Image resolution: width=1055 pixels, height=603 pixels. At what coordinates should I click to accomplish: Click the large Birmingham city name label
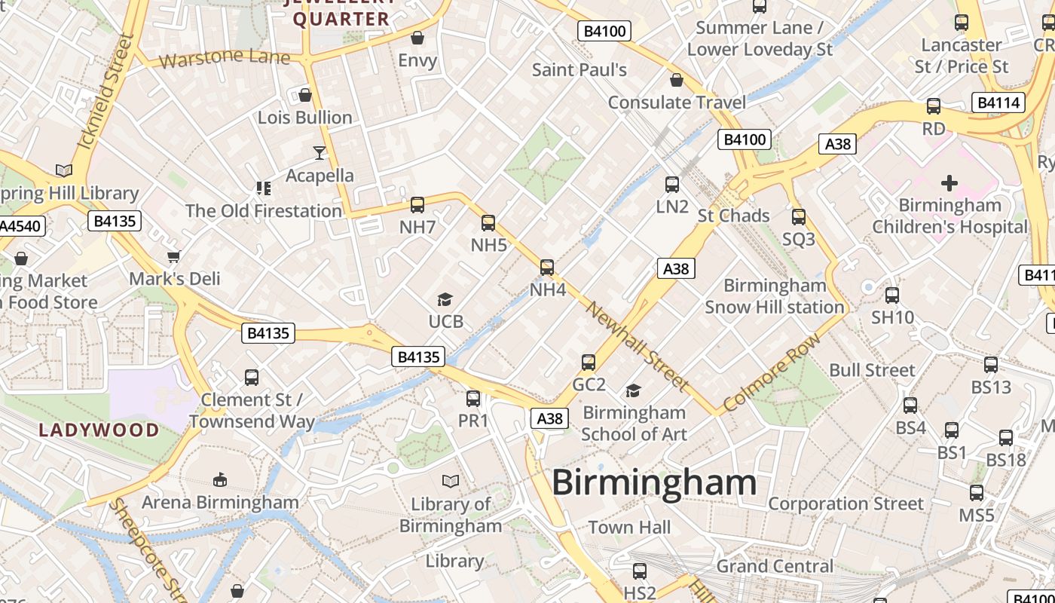click(654, 483)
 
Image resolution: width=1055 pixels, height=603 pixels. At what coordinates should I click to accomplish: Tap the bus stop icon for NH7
click(417, 204)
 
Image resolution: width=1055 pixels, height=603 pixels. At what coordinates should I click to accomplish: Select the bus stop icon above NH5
click(488, 222)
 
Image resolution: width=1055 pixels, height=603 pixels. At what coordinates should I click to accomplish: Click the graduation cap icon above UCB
click(445, 300)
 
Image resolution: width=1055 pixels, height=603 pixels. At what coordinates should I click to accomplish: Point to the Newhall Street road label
click(637, 347)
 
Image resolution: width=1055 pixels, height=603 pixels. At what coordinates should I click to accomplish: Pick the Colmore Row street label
click(771, 373)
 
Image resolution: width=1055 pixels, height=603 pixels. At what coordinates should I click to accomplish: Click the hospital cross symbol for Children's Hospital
click(949, 182)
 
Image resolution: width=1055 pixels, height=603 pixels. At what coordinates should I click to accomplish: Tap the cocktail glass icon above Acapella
click(320, 153)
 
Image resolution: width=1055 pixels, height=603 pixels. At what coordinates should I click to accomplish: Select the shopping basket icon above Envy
click(417, 38)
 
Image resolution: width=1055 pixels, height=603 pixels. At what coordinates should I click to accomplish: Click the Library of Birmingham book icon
click(451, 480)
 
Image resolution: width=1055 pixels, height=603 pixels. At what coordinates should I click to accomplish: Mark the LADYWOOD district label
click(99, 430)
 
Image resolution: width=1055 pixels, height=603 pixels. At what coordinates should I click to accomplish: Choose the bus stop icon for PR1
click(473, 399)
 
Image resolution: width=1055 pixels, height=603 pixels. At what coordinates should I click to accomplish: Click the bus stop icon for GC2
click(589, 363)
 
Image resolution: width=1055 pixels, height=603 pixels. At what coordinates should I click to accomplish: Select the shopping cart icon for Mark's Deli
click(174, 257)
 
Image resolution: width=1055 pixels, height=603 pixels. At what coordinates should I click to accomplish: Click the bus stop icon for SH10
click(892, 295)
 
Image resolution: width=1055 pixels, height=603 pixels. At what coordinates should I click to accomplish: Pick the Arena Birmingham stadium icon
click(220, 479)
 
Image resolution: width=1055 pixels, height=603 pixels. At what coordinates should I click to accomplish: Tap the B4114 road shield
click(999, 103)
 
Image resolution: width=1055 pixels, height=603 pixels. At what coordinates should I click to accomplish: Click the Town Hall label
click(629, 528)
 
